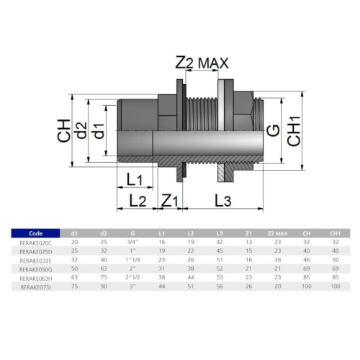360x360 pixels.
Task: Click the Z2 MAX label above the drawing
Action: coord(202,63)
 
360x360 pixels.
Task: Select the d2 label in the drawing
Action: coord(85,130)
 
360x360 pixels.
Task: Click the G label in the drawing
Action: coord(272,130)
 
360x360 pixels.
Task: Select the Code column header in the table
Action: coord(35,233)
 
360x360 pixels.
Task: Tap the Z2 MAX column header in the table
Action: coord(277,233)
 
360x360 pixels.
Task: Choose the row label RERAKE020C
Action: coord(35,243)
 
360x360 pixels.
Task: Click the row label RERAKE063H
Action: coord(35,277)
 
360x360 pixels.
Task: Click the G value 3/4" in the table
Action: coord(132,243)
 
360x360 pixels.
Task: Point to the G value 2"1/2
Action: coord(132,277)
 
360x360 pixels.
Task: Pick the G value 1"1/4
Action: coord(132,260)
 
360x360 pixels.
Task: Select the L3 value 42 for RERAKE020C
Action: coord(219,243)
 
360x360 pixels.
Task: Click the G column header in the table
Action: coord(132,233)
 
